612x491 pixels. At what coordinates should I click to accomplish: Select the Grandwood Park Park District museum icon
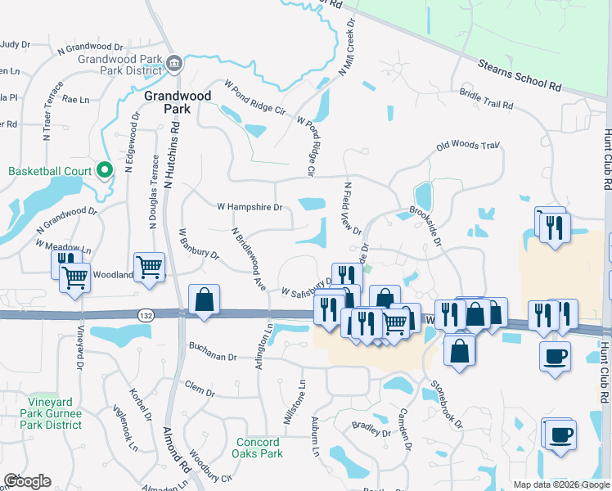pos(174,64)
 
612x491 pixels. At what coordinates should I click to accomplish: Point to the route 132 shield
pos(146,315)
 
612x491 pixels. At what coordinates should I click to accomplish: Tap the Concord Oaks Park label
pos(257,448)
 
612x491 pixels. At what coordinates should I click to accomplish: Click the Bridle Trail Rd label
pos(486,101)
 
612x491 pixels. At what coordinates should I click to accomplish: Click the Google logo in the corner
pos(28,481)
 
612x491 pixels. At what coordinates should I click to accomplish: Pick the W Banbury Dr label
pos(200,245)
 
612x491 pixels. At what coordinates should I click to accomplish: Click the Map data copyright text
pos(560,484)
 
